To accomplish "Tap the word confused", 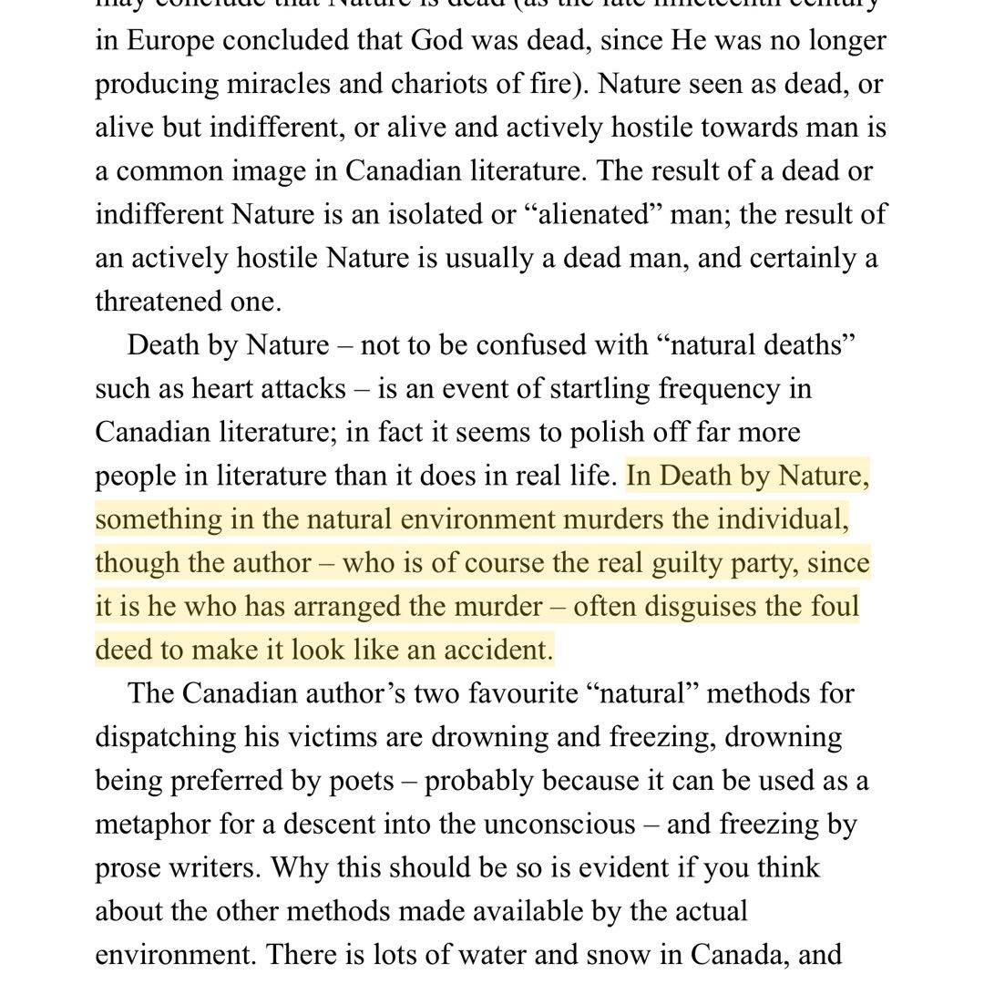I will [x=538, y=345].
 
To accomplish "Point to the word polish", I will [x=556, y=433].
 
